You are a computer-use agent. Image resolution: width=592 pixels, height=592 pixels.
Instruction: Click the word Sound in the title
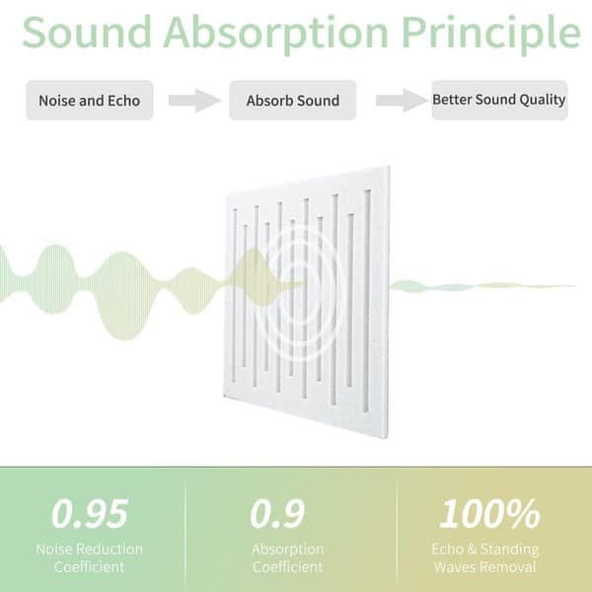pos(87,32)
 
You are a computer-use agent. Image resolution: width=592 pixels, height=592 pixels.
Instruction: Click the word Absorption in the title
pos(276,35)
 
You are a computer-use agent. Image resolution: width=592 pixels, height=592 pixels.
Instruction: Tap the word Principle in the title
pos(490,35)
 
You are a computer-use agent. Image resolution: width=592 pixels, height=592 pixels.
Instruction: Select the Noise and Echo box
pos(90,101)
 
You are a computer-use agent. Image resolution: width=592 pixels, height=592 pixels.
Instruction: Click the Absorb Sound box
pos(293,101)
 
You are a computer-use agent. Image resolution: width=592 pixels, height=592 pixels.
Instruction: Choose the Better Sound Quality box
pos(499,100)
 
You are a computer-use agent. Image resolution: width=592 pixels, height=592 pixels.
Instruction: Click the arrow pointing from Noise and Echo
pos(194,101)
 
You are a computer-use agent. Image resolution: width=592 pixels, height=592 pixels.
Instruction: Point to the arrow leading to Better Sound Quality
pos(403,101)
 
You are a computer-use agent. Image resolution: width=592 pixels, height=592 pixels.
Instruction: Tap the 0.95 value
pos(90,513)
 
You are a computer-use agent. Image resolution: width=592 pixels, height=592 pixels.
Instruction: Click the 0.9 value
pos(277,513)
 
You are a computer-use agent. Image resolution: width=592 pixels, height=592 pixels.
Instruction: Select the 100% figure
pos(489,513)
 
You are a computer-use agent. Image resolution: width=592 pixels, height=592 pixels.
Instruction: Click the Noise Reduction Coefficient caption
pos(90,557)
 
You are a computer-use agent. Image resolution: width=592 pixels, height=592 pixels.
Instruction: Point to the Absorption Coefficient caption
pos(288,557)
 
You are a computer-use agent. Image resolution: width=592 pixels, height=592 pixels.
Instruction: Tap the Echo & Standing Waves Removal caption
pos(485,557)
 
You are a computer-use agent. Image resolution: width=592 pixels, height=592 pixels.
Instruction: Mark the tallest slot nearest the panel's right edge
pos(367,301)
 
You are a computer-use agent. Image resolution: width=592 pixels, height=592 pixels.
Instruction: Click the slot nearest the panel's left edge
pos(235,295)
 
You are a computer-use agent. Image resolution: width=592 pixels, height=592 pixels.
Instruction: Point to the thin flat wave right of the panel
pos(482,286)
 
